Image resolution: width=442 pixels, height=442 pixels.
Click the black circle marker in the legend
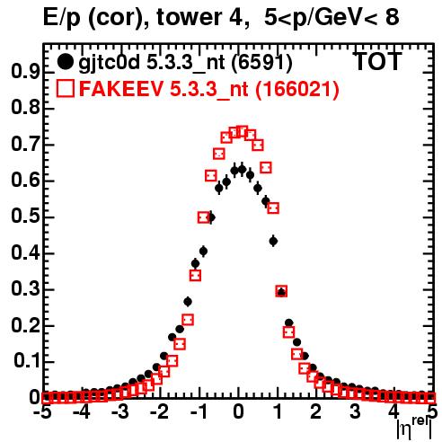(x=65, y=62)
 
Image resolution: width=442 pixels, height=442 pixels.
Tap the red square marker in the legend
(x=65, y=88)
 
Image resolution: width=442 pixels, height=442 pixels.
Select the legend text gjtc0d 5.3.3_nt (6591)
(x=185, y=63)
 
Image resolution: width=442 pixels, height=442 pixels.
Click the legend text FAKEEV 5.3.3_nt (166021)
(x=209, y=89)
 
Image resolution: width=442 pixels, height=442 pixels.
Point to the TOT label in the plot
(x=377, y=61)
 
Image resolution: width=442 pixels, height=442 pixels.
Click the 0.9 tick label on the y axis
(x=25, y=72)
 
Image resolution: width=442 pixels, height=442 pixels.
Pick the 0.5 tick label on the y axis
(x=25, y=217)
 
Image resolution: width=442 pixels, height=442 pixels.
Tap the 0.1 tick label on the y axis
(x=26, y=362)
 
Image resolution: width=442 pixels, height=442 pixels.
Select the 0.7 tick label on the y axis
(x=25, y=145)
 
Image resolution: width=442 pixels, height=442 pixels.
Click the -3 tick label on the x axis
(x=120, y=412)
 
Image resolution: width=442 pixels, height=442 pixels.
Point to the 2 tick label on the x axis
(x=315, y=412)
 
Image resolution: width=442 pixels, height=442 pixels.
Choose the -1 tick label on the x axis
(x=199, y=412)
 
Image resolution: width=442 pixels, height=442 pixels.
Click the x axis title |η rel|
(x=414, y=429)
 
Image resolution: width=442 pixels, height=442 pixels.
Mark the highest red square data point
(x=242, y=131)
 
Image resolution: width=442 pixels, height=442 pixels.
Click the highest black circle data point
(x=242, y=170)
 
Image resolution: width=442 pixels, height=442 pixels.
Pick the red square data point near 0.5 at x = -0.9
(x=204, y=217)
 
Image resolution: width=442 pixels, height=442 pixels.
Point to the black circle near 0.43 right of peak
(x=273, y=241)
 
